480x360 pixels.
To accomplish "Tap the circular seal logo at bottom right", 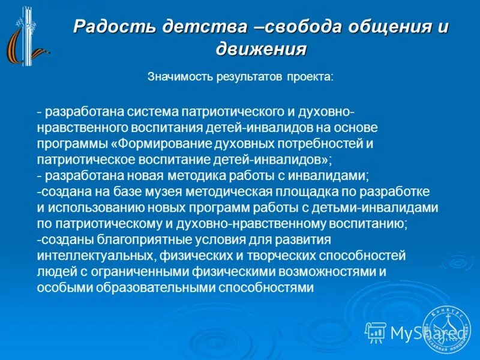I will coord(446,328).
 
